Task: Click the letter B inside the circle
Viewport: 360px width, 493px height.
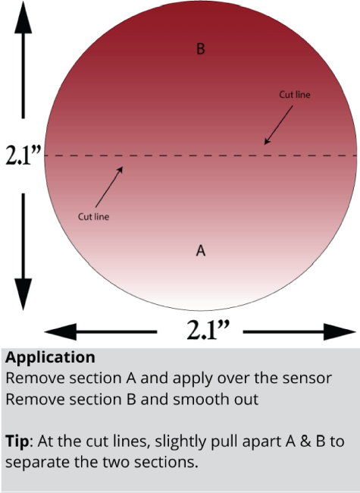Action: click(201, 49)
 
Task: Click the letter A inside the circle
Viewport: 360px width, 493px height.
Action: click(201, 250)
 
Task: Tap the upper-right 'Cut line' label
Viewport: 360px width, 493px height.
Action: click(295, 95)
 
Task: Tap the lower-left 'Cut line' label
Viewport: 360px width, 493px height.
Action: click(94, 217)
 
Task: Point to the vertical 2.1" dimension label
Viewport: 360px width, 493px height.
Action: click(23, 155)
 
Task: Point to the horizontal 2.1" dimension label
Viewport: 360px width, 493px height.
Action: click(208, 330)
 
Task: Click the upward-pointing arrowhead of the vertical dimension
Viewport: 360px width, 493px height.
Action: click(23, 17)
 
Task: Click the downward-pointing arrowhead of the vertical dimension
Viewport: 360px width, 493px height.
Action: click(23, 294)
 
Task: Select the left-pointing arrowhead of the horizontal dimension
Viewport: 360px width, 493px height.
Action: click(61, 331)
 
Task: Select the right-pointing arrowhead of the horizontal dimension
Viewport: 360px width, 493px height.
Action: click(340, 331)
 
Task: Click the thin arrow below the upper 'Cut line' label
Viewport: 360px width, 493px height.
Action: click(279, 125)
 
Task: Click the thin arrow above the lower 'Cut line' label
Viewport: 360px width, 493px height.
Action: click(109, 187)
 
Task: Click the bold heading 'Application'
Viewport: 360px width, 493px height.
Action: click(50, 358)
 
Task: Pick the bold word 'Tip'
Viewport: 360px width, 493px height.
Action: click(17, 441)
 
